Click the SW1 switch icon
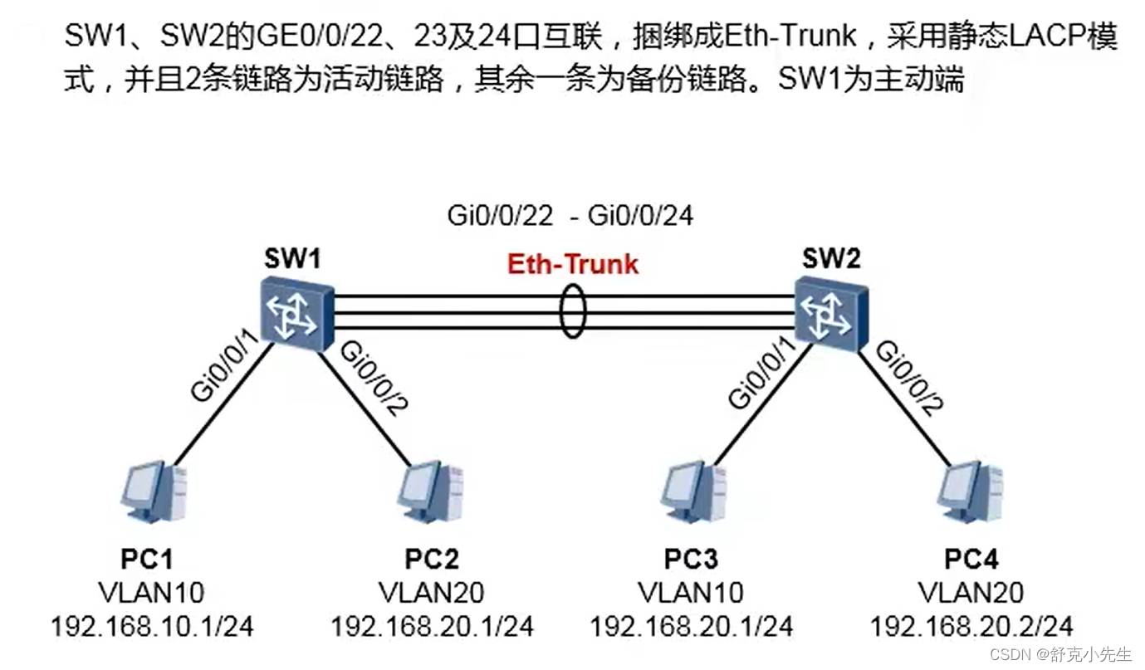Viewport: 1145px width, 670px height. pyautogui.click(x=295, y=312)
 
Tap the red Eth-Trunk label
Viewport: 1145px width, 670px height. pyautogui.click(x=573, y=264)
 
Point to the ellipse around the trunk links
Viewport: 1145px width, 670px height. pyautogui.click(x=572, y=312)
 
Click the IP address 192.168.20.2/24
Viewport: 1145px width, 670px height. pyautogui.click(x=971, y=625)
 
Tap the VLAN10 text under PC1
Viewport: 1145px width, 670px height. pyautogui.click(x=152, y=592)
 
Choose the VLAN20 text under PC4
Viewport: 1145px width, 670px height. pyautogui.click(x=971, y=592)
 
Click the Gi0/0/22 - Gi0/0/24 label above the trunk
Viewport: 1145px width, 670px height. pyautogui.click(x=570, y=216)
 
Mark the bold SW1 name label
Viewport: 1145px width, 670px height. pyautogui.click(x=292, y=258)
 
